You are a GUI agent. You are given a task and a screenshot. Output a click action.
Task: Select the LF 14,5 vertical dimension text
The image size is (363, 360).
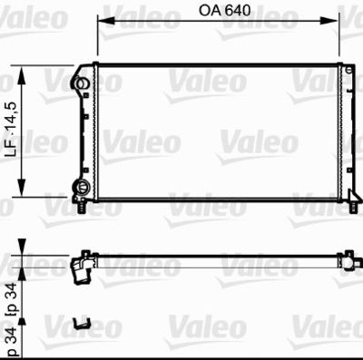coord(12,131)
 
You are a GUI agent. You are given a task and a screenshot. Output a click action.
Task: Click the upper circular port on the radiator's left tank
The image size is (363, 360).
coord(83,83)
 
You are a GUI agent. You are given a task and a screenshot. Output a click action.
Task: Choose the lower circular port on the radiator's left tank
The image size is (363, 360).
coord(83,188)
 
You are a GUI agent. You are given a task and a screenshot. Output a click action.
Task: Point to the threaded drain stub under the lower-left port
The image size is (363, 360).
coord(83,208)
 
